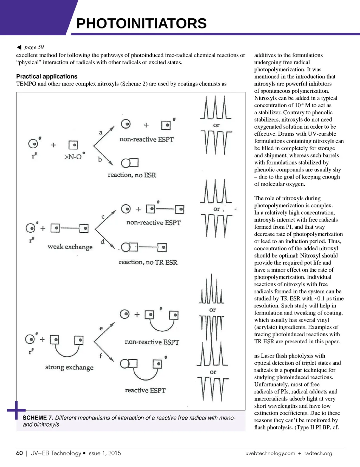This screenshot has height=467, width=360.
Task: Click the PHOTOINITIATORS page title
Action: click(x=141, y=24)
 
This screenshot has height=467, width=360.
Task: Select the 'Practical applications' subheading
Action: click(x=47, y=76)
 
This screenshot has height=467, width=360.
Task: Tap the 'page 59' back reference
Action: click(x=34, y=47)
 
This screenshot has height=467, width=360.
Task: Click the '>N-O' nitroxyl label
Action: click(x=73, y=157)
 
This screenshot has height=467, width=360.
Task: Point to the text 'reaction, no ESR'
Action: click(x=132, y=175)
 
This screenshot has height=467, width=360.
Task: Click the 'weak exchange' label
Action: click(x=70, y=247)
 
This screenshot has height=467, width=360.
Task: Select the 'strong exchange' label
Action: click(x=69, y=367)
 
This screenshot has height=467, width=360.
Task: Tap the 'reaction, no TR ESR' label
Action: click(x=148, y=262)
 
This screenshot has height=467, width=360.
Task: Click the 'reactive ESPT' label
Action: click(x=145, y=390)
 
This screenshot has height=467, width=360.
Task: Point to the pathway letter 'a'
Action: click(x=101, y=132)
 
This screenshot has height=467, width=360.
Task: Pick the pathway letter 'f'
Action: click(x=101, y=356)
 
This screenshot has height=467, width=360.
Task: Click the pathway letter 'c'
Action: click(x=103, y=217)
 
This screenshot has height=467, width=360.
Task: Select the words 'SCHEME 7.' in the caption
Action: click(x=38, y=417)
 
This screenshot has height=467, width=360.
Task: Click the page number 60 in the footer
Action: click(x=20, y=453)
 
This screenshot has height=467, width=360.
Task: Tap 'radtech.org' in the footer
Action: click(x=318, y=453)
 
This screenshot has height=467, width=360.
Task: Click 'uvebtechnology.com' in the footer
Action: click(x=270, y=453)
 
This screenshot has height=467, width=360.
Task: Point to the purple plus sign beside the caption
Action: click(x=16, y=410)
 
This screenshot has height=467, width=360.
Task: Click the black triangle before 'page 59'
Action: click(x=19, y=47)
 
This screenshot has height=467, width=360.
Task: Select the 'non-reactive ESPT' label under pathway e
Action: click(x=152, y=342)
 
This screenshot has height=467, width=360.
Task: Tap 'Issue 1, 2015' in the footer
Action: click(x=104, y=453)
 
